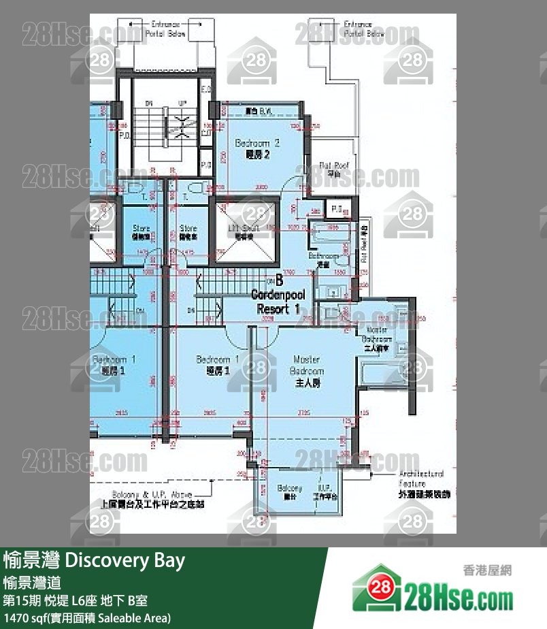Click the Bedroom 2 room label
pos(257,149)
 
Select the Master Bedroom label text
pos(307,371)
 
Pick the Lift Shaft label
pos(244,231)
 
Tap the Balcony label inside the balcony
pos(289,492)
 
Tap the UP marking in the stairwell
pos(182,102)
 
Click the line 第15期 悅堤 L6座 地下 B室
pos(75,601)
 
